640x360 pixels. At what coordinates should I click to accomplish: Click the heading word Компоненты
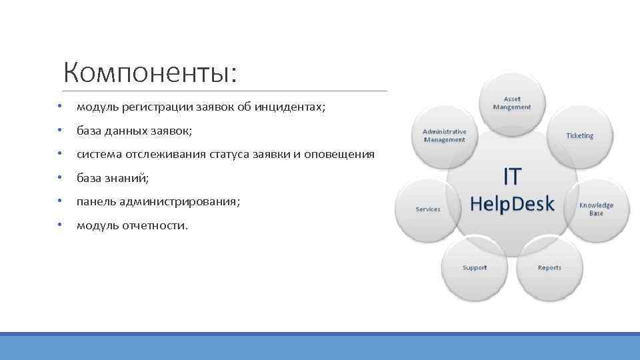150,73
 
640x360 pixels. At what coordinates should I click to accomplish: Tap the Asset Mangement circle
512,103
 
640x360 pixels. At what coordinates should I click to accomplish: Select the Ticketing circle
579,135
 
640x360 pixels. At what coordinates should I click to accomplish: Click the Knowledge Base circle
595,209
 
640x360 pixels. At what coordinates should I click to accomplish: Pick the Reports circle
549,268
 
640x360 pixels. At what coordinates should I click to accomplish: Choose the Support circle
475,268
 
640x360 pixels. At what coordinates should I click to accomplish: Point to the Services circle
428,209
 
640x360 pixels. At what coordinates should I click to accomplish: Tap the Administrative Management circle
445,135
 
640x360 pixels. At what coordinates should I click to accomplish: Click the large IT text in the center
511,177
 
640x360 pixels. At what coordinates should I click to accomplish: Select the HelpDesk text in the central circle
512,204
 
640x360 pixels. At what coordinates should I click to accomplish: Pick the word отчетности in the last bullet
155,225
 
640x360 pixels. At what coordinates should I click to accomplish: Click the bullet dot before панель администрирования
59,202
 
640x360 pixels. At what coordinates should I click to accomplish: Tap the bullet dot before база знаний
59,179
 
